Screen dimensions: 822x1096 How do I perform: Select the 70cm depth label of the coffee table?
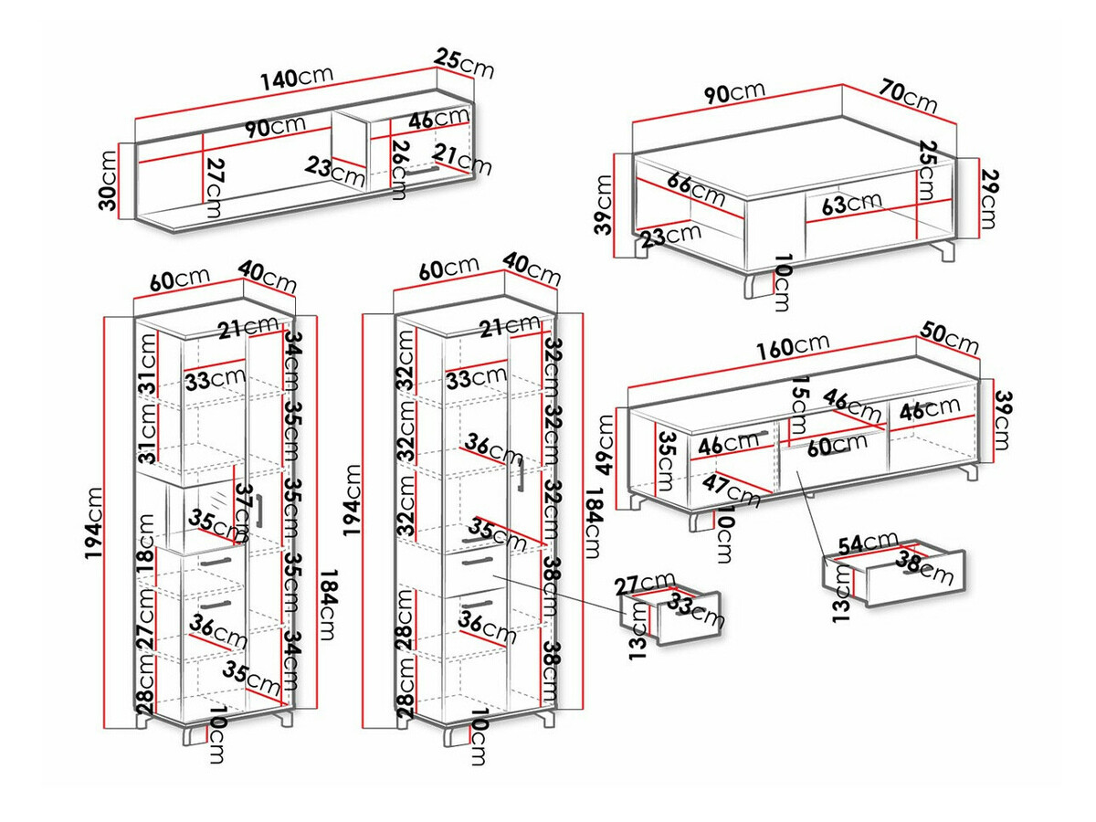(x=909, y=96)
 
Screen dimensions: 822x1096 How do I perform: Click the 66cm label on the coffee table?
(x=696, y=188)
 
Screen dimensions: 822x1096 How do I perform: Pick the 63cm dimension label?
(x=851, y=203)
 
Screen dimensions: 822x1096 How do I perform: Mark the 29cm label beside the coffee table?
(x=987, y=199)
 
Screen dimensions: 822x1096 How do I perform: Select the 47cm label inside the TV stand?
(x=730, y=490)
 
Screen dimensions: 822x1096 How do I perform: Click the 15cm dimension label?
(x=800, y=405)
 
